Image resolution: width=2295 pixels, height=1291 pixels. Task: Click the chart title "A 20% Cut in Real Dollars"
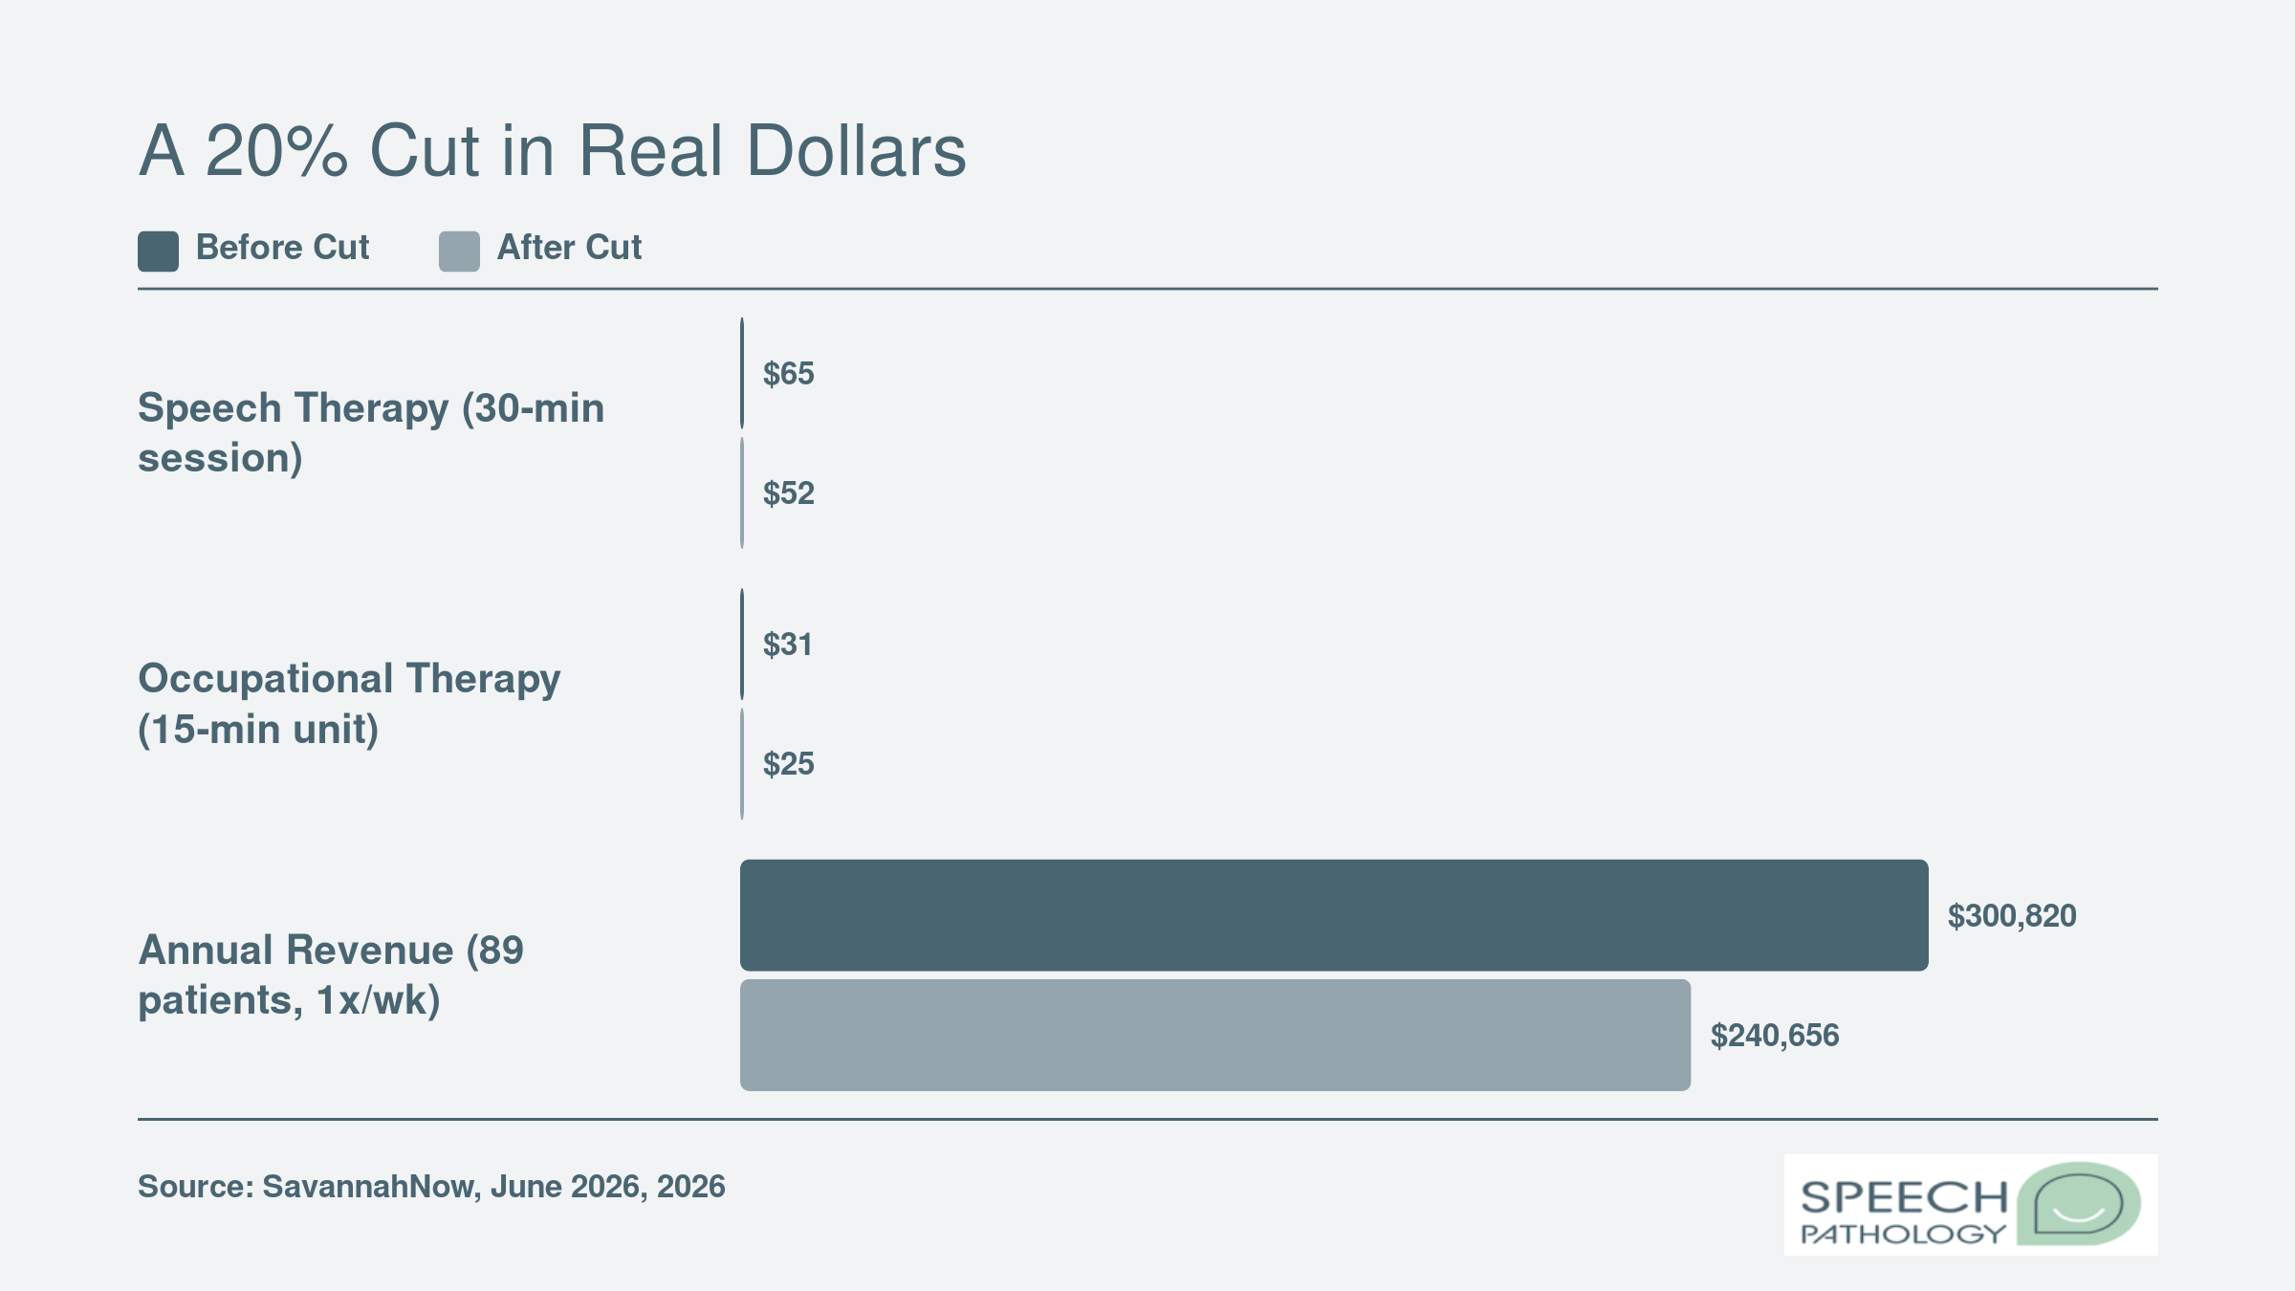coord(553,151)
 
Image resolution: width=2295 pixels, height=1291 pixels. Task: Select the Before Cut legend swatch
coord(158,252)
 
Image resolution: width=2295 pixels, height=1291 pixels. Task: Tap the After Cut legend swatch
coord(459,252)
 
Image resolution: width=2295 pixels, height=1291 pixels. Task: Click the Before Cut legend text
coord(282,248)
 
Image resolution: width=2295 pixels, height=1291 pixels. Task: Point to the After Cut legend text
coord(569,248)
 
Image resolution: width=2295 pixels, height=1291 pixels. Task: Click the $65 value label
coord(789,373)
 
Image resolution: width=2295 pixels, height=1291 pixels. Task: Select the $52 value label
coord(789,493)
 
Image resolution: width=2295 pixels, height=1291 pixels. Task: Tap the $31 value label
coord(788,645)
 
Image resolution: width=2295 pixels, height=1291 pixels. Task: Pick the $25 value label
coord(789,764)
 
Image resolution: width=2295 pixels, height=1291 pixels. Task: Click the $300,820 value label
coord(2012,916)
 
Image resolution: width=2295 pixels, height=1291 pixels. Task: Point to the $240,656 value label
coord(1775,1036)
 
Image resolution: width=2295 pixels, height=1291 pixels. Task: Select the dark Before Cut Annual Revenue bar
coord(1334,915)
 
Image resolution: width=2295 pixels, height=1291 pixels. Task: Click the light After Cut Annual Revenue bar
coord(1215,1035)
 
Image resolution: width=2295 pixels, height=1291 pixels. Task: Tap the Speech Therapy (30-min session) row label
coord(371,433)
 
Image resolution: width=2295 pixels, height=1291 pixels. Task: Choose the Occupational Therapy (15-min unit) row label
coord(349,704)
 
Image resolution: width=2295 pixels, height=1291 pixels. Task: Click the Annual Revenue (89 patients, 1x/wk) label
coord(331,975)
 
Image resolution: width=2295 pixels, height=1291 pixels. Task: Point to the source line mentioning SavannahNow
coord(431,1187)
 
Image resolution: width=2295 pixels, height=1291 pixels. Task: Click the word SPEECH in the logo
coord(1904,1197)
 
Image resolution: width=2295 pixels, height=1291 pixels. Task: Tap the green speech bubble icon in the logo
coord(2079,1204)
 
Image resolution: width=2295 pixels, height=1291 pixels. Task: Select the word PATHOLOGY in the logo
coord(1903,1234)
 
